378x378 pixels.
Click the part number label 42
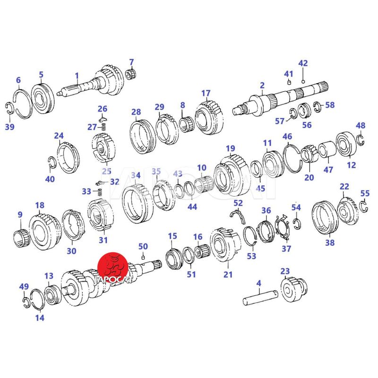pyautogui.click(x=303, y=63)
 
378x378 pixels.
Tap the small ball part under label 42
pyautogui.click(x=303, y=81)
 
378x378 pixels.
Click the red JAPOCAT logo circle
pyautogui.click(x=112, y=266)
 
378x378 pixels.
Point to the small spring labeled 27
pyautogui.click(x=103, y=127)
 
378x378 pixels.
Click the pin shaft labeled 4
pyautogui.click(x=260, y=299)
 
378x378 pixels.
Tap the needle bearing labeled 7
pyautogui.click(x=132, y=73)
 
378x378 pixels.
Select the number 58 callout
pyautogui.click(x=330, y=105)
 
